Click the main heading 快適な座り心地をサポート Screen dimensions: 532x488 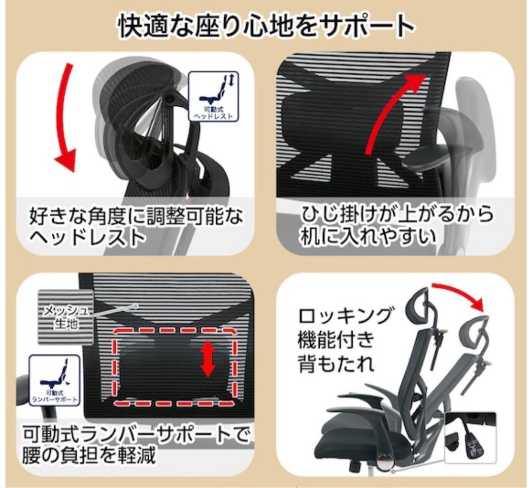(266, 26)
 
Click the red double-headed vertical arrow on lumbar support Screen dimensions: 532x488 (208, 359)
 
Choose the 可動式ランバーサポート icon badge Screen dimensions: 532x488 (54, 380)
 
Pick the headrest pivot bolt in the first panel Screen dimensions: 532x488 (169, 98)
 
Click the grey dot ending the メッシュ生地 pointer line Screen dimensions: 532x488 (135, 305)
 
